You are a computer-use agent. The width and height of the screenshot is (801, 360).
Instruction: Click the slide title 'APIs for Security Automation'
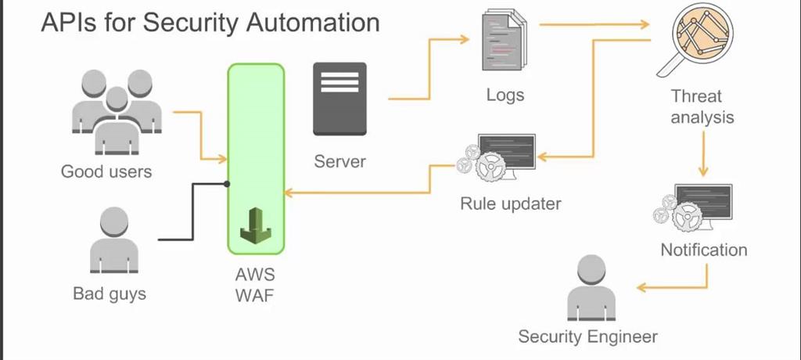210,22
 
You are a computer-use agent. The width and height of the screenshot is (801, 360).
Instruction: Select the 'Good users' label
106,171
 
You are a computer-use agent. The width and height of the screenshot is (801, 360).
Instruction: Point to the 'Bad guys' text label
110,294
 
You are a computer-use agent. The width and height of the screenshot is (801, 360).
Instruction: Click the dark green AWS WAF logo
256,225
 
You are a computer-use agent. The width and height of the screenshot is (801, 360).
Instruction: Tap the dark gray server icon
339,99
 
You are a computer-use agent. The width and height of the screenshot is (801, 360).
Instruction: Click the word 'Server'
339,162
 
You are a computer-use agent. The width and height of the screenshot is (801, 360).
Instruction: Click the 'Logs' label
505,95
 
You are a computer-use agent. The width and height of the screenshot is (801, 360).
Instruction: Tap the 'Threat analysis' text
702,107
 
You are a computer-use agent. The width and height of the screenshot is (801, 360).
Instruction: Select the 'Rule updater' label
510,204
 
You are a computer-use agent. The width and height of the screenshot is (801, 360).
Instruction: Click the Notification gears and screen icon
693,207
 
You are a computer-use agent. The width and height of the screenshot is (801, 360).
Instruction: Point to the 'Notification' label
703,250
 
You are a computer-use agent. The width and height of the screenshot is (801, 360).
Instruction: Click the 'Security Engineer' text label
587,337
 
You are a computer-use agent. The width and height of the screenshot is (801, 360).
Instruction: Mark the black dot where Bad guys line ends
227,185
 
